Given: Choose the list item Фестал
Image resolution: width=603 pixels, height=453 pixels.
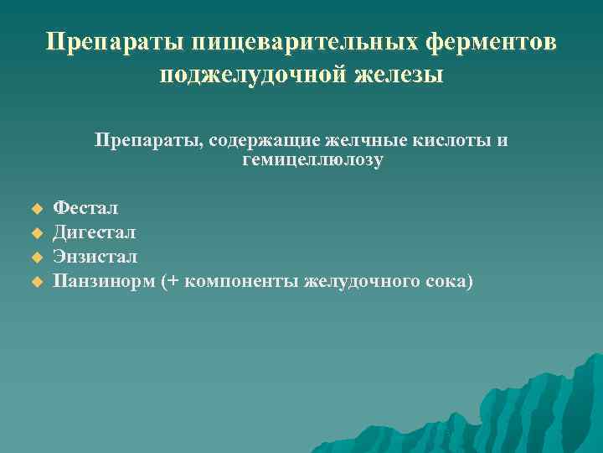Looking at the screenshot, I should click(86, 206).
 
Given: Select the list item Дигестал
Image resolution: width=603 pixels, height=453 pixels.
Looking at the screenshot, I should click(94, 231).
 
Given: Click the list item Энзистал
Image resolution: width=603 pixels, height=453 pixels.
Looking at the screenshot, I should click(95, 256).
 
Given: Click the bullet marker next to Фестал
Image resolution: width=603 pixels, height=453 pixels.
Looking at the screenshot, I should click(36, 207).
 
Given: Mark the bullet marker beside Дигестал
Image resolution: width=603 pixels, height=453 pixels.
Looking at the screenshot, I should click(36, 232).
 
